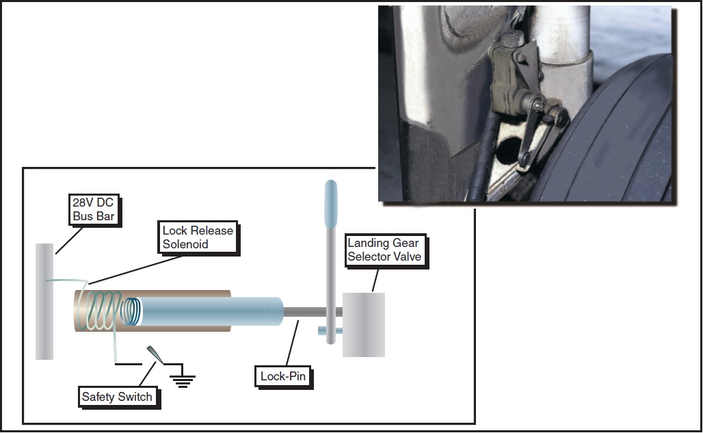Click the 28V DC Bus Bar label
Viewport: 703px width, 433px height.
[95, 211]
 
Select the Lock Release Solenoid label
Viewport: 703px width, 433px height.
[198, 237]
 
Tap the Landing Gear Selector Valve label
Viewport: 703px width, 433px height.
[383, 250]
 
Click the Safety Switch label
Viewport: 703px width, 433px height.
[117, 397]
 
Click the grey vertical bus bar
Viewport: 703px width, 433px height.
[44, 301]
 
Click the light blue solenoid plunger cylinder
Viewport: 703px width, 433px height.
[212, 311]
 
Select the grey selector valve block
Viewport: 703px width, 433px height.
[363, 325]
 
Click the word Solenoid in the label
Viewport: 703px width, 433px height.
[185, 244]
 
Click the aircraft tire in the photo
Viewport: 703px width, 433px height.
[615, 137]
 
